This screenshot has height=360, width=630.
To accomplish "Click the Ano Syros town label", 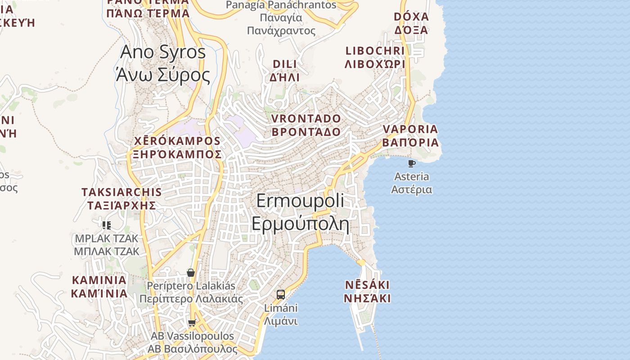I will pyautogui.click(x=162, y=63).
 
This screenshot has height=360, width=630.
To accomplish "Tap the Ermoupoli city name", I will pyautogui.click(x=300, y=212).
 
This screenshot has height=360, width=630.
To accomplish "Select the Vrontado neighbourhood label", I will pyautogui.click(x=306, y=125).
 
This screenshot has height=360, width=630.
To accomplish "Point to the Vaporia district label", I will pyautogui.click(x=410, y=135).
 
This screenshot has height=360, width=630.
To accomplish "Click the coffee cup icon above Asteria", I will pyautogui.click(x=411, y=163).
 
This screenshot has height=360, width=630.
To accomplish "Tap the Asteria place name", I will pyautogui.click(x=411, y=183).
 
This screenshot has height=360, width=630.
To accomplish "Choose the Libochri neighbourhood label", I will pyautogui.click(x=375, y=57).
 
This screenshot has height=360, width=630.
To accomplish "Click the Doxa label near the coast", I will pyautogui.click(x=411, y=23).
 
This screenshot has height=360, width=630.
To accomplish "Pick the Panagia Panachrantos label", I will pyautogui.click(x=281, y=18).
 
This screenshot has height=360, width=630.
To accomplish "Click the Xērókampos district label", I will pyautogui.click(x=177, y=148).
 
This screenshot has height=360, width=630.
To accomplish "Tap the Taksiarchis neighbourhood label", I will pyautogui.click(x=121, y=198).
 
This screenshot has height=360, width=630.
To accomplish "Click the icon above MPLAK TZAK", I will pyautogui.click(x=107, y=225).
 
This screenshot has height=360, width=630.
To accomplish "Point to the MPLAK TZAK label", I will pyautogui.click(x=107, y=245).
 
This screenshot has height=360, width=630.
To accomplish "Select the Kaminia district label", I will pyautogui.click(x=99, y=287).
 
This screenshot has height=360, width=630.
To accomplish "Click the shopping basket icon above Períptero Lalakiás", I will pyautogui.click(x=191, y=273).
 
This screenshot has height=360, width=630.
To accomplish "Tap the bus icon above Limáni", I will pyautogui.click(x=281, y=295).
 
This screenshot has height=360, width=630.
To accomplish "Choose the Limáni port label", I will pyautogui.click(x=281, y=315).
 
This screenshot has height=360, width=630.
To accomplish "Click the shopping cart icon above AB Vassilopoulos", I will pyautogui.click(x=192, y=323).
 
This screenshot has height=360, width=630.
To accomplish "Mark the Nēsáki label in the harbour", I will pyautogui.click(x=367, y=291).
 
